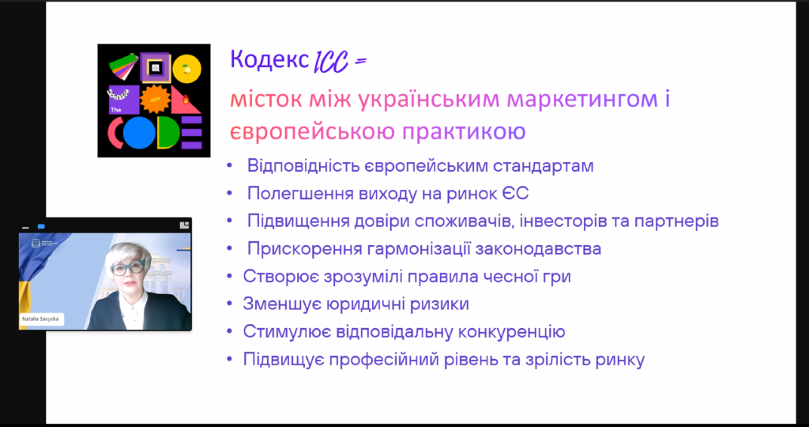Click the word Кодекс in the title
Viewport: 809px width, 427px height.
(269, 59)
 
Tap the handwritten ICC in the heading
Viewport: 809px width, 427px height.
(331, 62)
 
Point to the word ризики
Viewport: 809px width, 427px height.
(439, 304)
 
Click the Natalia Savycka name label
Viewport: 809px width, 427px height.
(40, 319)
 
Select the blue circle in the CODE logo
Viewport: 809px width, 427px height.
(139, 133)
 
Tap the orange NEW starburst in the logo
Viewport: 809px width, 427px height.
(155, 100)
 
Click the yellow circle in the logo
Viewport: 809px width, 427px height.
(186, 69)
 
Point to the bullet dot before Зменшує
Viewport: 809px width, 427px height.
(230, 304)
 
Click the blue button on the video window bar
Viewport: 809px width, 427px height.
(41, 227)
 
